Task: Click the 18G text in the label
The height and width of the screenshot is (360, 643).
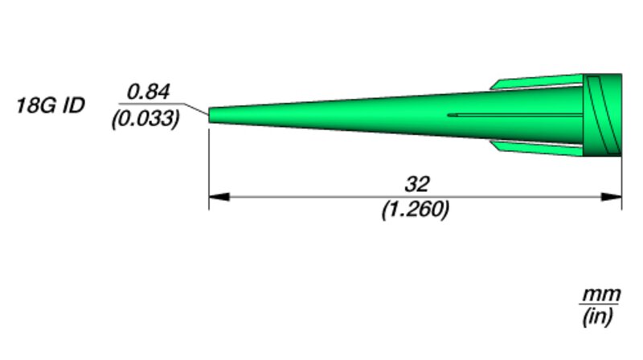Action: point(36,105)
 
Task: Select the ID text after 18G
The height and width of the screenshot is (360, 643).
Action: point(74,105)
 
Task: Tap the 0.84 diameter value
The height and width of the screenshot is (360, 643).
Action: point(148,92)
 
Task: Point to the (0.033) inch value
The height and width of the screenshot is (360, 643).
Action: point(145,119)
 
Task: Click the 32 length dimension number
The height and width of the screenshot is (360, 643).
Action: point(417,184)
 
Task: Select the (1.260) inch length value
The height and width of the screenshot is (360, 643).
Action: point(416,210)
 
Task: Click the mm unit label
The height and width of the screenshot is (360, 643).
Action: point(601,295)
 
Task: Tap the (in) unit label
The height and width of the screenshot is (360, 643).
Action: point(598,317)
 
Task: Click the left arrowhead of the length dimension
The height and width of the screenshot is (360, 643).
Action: point(219,197)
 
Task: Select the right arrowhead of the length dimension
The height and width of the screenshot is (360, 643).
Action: point(612,197)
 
